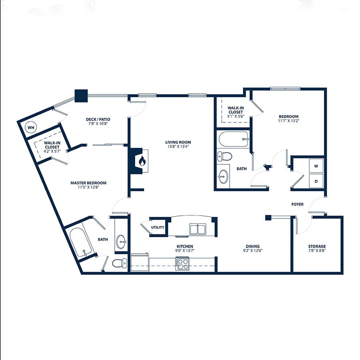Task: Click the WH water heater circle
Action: (31, 128)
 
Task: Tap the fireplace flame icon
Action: (142, 161)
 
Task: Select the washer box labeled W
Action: (316, 166)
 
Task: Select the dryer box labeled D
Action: (316, 181)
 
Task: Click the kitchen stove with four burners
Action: (182, 264)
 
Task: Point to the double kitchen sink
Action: (198, 229)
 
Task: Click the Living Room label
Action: (178, 142)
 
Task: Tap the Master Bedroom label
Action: (88, 183)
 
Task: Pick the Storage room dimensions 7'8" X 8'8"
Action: (317, 250)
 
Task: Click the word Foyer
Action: (297, 204)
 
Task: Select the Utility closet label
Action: (158, 227)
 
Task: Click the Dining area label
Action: (252, 246)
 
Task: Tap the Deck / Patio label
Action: (98, 119)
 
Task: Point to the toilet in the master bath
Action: (119, 263)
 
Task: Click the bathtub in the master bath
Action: (81, 242)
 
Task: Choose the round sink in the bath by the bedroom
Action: (223, 176)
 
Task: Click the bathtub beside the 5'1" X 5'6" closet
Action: (233, 139)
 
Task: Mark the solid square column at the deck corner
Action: (81, 96)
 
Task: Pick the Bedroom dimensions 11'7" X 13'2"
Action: (288, 121)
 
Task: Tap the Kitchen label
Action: (185, 246)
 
